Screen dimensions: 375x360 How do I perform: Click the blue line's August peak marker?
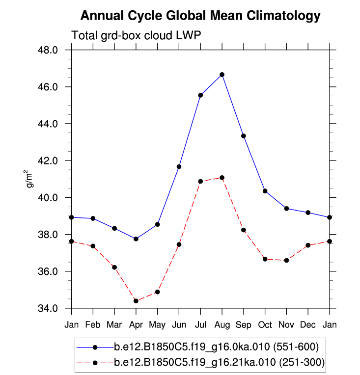(222, 75)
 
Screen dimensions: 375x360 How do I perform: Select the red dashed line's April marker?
(136, 301)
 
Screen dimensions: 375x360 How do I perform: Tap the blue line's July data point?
(200, 95)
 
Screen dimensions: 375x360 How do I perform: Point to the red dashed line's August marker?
(222, 178)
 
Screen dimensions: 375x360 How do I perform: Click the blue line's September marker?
(244, 136)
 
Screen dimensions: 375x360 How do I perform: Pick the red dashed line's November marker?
(286, 260)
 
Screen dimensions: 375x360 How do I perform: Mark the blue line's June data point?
(179, 167)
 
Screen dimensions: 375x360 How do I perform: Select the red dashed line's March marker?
(114, 268)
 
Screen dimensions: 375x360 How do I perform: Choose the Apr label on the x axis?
(136, 324)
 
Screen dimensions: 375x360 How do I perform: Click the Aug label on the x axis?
(222, 324)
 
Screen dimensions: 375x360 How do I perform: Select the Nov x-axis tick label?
(286, 324)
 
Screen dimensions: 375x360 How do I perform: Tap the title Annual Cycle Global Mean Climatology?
(200, 16)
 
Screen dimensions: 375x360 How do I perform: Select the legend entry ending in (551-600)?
(216, 347)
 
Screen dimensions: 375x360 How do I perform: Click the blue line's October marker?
(265, 191)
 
